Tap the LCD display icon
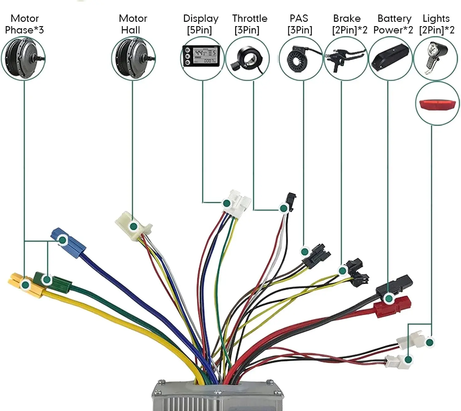(x=202, y=56)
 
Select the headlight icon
(x=436, y=57)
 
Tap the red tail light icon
(x=437, y=104)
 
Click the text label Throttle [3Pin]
(x=249, y=24)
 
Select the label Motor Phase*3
(x=25, y=24)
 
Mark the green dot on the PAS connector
(x=305, y=252)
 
